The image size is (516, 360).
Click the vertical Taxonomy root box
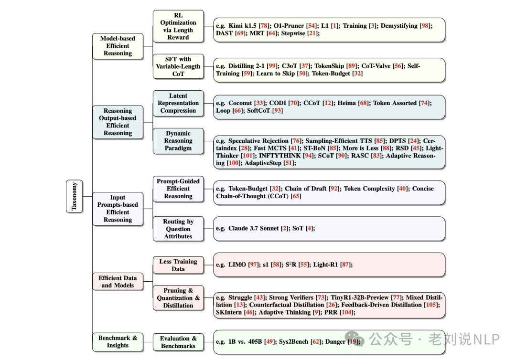pos(74,196)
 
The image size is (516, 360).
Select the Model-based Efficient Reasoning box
pos(118,46)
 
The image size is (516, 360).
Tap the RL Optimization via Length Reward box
pos(178,26)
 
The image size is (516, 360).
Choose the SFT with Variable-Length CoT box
pos(178,67)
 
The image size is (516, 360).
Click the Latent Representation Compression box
pos(178,103)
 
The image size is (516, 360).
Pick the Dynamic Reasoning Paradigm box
pos(178,141)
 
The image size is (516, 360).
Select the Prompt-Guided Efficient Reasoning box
pos(178,189)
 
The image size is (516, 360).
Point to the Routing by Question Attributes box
pos(178,229)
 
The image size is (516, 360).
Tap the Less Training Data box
pos(178,265)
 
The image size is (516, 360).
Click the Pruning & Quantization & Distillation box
pos(178,298)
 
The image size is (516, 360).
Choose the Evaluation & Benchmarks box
pos(178,342)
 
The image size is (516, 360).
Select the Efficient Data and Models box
pos(118,282)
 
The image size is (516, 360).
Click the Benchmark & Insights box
pos(118,341)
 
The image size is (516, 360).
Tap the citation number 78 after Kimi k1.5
pos(263,26)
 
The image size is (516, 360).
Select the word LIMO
pos(238,265)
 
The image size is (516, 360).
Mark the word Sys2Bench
pos(295,342)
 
